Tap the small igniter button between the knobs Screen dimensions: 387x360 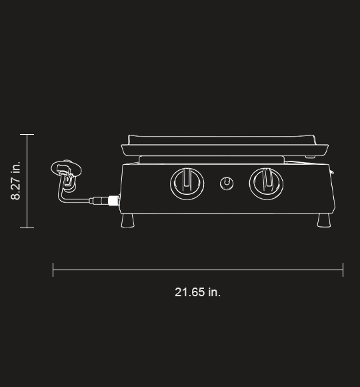coord(227,182)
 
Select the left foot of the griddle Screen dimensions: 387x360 coord(128,220)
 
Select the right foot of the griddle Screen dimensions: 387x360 coord(325,220)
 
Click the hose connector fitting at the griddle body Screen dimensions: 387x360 coord(108,200)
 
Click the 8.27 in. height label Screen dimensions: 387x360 coord(16,180)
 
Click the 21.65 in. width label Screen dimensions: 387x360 coord(197,292)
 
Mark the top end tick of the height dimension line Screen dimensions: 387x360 coord(27,135)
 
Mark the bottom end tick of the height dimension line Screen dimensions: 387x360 coord(27,228)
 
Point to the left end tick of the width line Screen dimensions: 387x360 coord(53,270)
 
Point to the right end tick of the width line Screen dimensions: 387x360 coord(343,270)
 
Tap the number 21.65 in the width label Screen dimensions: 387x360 coord(189,292)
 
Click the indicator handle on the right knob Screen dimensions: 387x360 coord(266,178)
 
